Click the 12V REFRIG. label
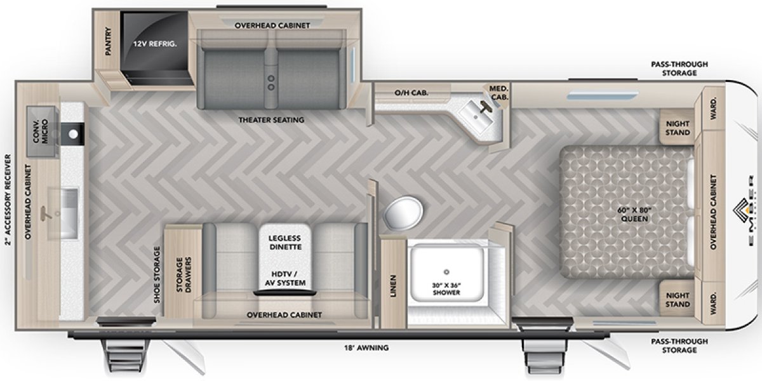pyautogui.click(x=154, y=44)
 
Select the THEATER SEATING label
pyautogui.click(x=272, y=119)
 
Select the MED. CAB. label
pyautogui.click(x=498, y=93)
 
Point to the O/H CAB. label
pyautogui.click(x=411, y=93)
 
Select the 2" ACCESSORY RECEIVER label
pyautogui.click(x=8, y=199)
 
